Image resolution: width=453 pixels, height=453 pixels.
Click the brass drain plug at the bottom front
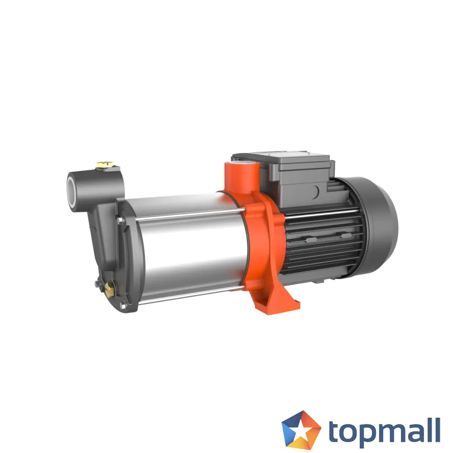click(x=110, y=288)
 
